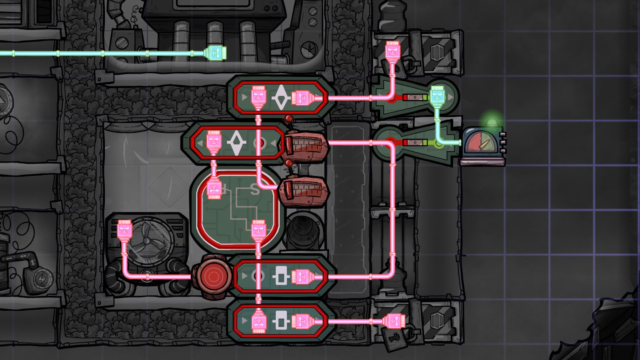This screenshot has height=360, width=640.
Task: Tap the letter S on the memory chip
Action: pyautogui.click(x=254, y=190)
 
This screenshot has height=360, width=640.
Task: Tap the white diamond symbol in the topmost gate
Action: pyautogui.click(x=280, y=97)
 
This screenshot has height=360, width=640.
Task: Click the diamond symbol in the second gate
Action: pyautogui.click(x=236, y=143)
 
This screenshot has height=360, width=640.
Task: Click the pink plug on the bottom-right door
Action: pyautogui.click(x=394, y=322)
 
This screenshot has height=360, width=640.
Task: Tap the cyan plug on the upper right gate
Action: pyautogui.click(x=437, y=95)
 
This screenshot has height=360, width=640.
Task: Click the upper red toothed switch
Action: pyautogui.click(x=305, y=146)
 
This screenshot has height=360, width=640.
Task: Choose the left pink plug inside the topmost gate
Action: pyautogui.click(x=258, y=97)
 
